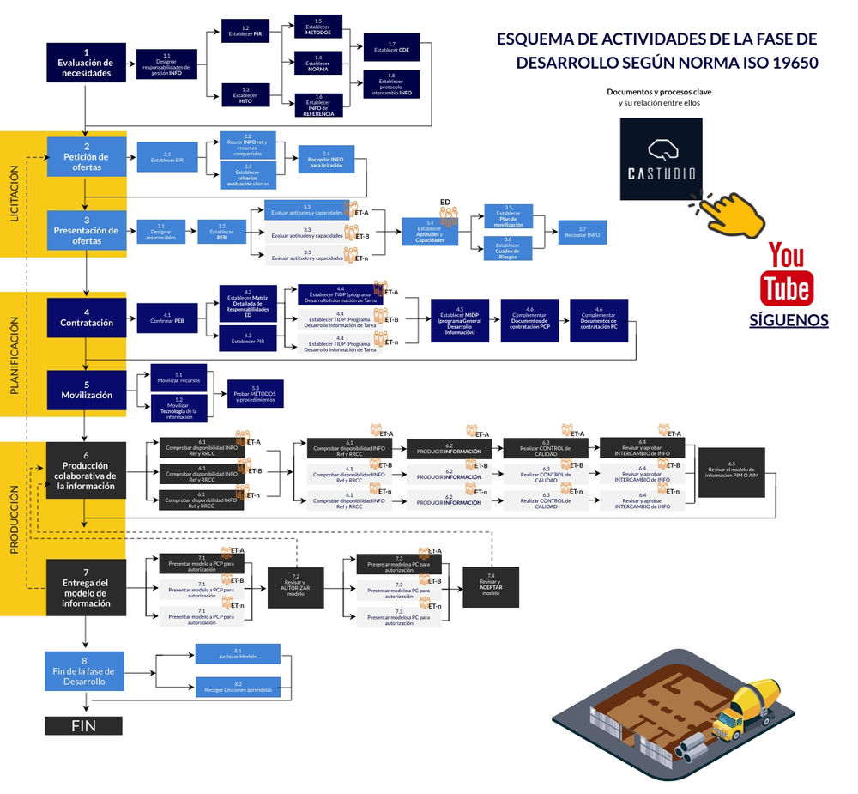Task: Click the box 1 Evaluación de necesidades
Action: [86, 63]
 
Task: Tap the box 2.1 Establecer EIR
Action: [166, 157]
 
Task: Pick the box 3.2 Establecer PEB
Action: [221, 233]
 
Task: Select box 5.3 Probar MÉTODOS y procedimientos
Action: [255, 393]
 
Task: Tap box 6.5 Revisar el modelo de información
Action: [731, 472]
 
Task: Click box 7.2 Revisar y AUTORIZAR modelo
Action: [295, 588]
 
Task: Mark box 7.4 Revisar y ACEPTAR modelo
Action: [491, 588]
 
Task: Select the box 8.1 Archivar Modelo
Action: [238, 653]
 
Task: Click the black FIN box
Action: [83, 725]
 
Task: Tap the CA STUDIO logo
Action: [661, 159]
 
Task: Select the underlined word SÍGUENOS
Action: [788, 320]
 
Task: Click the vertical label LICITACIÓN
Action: [15, 194]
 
